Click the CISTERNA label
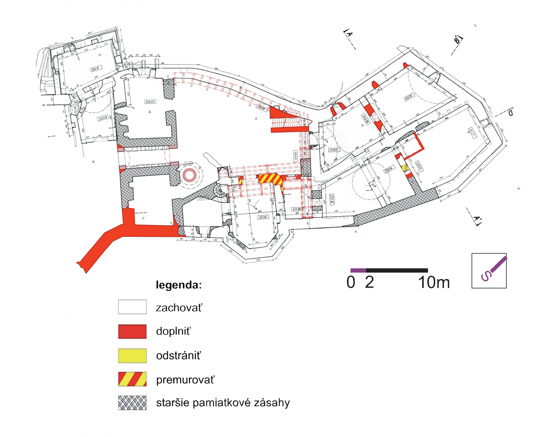(x=188, y=164)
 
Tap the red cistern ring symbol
(x=189, y=175)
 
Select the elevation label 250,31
(x=95, y=69)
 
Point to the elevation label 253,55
(x=150, y=102)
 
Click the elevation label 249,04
(x=103, y=118)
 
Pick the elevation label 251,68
(x=263, y=217)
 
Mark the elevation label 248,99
(x=408, y=98)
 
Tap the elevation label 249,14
(x=334, y=150)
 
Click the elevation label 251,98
(x=297, y=209)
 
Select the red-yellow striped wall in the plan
(x=270, y=179)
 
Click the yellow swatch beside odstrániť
(x=132, y=356)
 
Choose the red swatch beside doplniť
(x=132, y=331)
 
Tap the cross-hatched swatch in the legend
(x=132, y=403)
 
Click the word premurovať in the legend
(x=185, y=380)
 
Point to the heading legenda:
(x=179, y=285)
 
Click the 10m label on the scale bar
(x=434, y=283)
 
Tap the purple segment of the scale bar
(x=358, y=270)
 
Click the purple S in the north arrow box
(x=486, y=276)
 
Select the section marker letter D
(x=510, y=112)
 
